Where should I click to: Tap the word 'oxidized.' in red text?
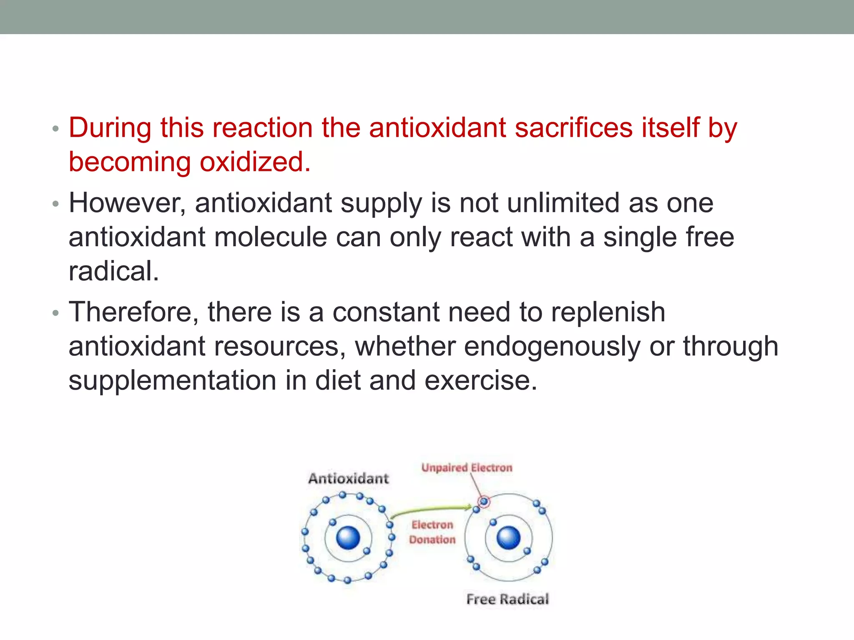coord(255,162)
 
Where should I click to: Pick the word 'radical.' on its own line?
coord(114,272)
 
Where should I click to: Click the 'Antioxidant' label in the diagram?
coord(348,478)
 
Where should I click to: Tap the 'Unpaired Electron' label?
coord(467,467)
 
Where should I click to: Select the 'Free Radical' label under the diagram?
coord(507,599)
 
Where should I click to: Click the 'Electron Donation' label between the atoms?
coord(432,532)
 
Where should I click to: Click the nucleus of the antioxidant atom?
coord(348,537)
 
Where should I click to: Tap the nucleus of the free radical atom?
coord(509,537)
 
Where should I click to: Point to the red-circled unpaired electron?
coord(484,502)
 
